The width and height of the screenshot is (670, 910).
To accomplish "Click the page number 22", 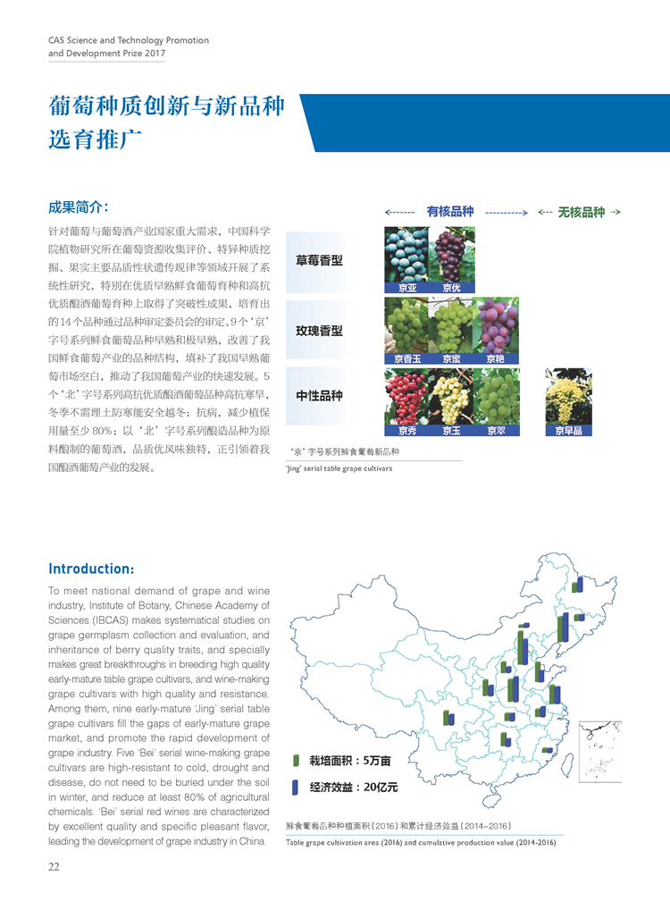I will pos(54,865).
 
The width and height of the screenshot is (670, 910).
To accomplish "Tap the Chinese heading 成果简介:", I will pos(79,208).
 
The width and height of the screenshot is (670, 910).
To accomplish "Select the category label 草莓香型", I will pos(319,261).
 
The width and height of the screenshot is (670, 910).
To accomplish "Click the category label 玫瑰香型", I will pos(319,331).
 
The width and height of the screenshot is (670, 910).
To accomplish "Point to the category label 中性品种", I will pos(319,395).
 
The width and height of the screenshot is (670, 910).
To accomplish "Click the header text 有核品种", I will pos(449,212).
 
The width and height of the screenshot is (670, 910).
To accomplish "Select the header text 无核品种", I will pos(581,213).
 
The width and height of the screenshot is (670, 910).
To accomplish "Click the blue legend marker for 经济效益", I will pos(296,788).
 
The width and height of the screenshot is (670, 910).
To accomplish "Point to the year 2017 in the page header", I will pos(155,53).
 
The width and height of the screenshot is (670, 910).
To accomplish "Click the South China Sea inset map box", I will pos(599,752).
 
